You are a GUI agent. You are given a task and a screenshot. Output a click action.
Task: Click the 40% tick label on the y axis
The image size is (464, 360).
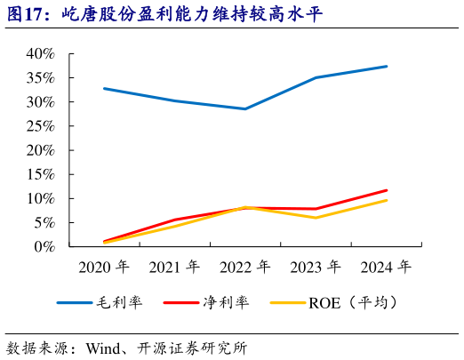click(40, 54)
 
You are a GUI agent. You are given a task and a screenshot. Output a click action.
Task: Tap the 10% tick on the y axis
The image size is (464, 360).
click(40, 198)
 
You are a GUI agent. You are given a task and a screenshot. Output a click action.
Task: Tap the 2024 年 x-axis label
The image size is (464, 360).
click(386, 267)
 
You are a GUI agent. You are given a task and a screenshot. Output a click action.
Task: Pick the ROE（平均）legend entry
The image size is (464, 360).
click(351, 302)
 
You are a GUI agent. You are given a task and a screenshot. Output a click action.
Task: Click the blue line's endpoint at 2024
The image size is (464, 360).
click(387, 66)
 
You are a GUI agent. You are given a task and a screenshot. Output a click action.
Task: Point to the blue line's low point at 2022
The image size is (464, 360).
click(244, 108)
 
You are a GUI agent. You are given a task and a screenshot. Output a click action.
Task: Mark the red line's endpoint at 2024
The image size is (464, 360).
click(387, 190)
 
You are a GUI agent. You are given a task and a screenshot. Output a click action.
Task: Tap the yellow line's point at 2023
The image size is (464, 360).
click(316, 218)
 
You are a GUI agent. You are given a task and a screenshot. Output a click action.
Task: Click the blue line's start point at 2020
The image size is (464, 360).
click(103, 88)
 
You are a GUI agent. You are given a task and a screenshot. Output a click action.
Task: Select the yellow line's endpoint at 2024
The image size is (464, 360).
click(387, 200)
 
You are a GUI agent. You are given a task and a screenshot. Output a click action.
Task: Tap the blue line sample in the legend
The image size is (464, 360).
click(75, 302)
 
